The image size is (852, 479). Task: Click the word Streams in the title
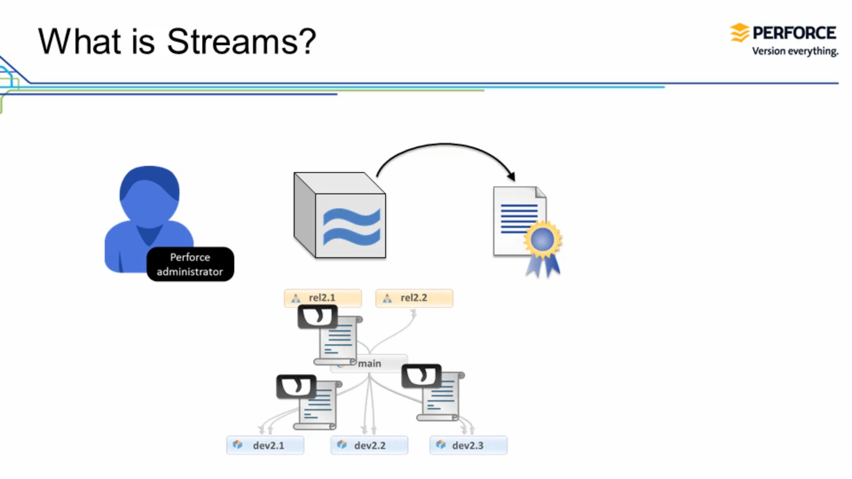pos(241,41)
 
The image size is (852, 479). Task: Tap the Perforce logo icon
pos(739,33)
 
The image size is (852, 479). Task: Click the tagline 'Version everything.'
pos(795,51)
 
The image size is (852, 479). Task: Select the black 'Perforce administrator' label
pos(190,264)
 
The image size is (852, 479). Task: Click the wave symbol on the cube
pos(351,227)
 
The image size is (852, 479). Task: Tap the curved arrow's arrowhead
pos(511,176)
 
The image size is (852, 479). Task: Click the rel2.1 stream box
pos(322,298)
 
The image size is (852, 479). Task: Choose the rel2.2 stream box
pos(414,298)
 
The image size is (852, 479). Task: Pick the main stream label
pos(370,363)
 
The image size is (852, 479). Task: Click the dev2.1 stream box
pos(265,445)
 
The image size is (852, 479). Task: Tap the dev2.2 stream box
pos(369,445)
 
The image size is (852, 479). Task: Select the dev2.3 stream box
pos(468,445)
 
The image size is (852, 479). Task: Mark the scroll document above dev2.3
pos(441,397)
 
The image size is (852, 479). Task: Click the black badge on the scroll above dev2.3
pos(421,376)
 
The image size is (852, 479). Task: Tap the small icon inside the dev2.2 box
pos(341,445)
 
